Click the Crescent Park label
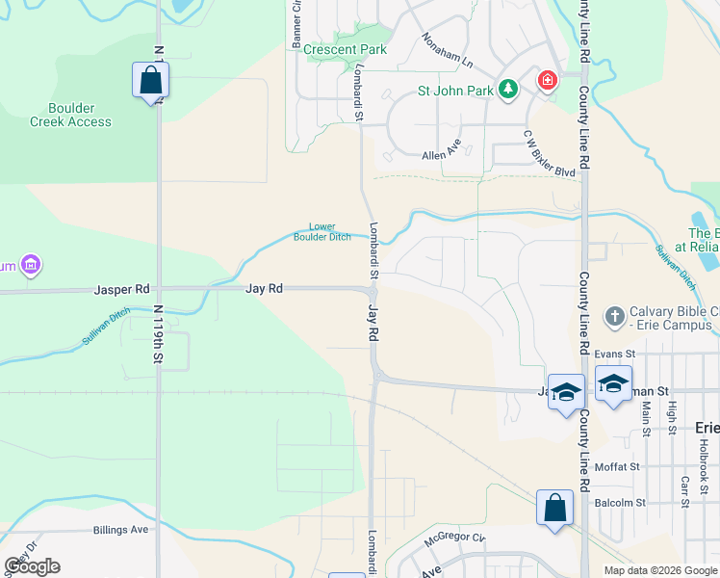pyautogui.click(x=345, y=49)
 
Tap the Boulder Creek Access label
pyautogui.click(x=70, y=115)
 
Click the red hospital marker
pyautogui.click(x=547, y=80)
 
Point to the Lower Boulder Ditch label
pyautogui.click(x=322, y=232)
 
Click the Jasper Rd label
pyautogui.click(x=122, y=288)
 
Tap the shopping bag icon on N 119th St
pyautogui.click(x=151, y=80)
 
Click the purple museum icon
pyautogui.click(x=31, y=264)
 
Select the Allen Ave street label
pyautogui.click(x=442, y=154)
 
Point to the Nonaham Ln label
pyautogui.click(x=448, y=51)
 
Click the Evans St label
pyautogui.click(x=616, y=355)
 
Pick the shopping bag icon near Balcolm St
pyautogui.click(x=555, y=508)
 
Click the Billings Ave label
pyautogui.click(x=121, y=530)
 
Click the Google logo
pyautogui.click(x=32, y=566)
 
